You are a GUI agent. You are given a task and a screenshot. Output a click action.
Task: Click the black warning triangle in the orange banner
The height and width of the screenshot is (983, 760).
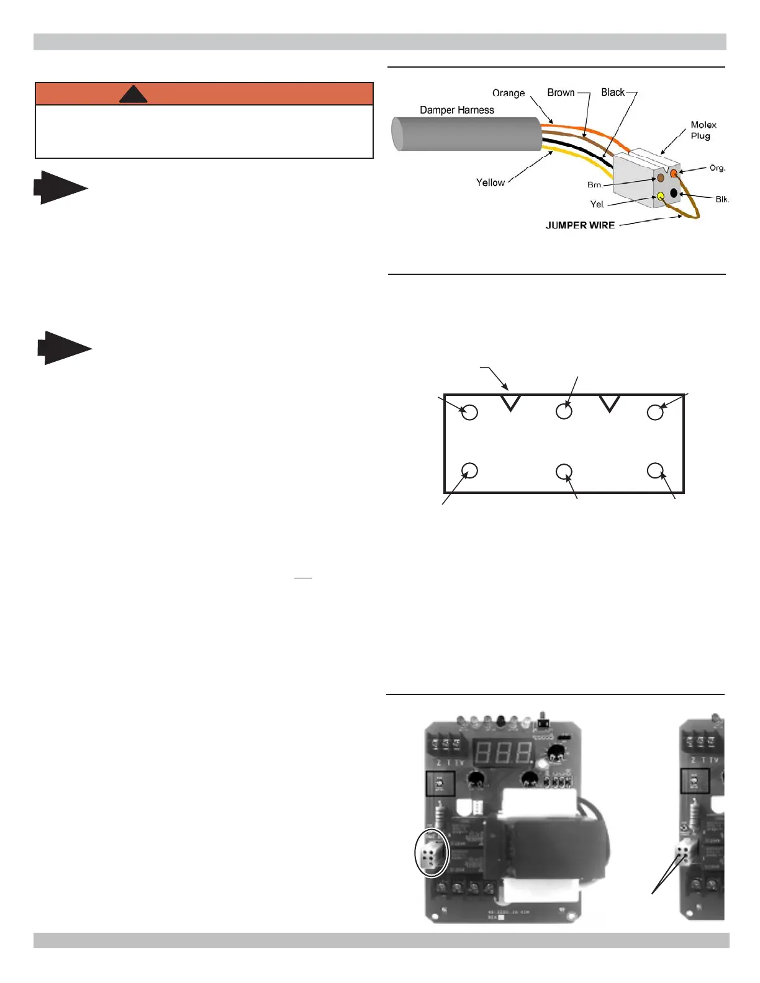click(x=133, y=95)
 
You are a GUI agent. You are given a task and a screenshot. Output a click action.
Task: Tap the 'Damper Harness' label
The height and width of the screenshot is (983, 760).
click(x=457, y=110)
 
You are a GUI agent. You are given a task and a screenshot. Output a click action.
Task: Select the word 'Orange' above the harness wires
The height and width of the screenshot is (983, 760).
click(x=509, y=93)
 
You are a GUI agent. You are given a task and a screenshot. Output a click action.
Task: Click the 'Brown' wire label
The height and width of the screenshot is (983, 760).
click(x=561, y=92)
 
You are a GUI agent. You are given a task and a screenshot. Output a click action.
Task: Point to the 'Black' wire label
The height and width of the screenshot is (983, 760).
click(x=613, y=92)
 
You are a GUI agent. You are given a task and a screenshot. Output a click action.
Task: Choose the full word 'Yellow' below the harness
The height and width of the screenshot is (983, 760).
click(x=491, y=182)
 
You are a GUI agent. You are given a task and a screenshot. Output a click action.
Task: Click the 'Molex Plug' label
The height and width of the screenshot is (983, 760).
click(x=703, y=130)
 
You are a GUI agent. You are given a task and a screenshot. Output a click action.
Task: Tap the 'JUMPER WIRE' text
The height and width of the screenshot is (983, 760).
click(x=580, y=225)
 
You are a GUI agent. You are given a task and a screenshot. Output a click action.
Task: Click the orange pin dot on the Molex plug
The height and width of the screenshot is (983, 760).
click(x=674, y=173)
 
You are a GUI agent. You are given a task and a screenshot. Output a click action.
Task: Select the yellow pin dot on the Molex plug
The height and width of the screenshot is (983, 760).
click(x=661, y=197)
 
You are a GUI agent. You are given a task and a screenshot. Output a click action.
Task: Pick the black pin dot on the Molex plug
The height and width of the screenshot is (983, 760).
click(x=674, y=193)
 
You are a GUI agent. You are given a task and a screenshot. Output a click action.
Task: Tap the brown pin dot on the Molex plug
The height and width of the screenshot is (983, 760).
click(x=661, y=179)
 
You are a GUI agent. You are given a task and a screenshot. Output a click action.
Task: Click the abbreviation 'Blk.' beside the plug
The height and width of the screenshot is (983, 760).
click(x=722, y=199)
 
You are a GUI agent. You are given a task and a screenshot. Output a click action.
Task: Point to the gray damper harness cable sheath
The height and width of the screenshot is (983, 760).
click(x=466, y=133)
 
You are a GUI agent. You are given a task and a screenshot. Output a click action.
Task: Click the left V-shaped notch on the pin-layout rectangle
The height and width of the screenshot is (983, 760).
click(x=510, y=403)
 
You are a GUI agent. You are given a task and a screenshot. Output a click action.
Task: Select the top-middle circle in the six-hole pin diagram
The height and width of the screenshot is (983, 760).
click(x=564, y=411)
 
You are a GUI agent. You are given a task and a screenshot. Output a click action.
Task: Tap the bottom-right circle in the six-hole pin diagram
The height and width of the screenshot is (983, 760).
click(x=655, y=470)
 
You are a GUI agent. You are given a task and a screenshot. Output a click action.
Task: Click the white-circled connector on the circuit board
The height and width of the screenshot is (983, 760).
click(x=431, y=854)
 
